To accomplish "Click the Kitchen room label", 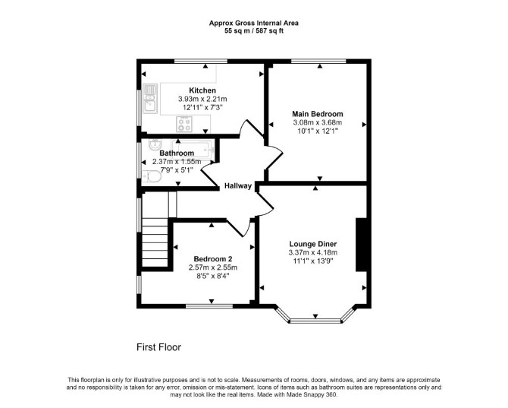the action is click(202, 90).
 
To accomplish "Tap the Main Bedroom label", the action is click(318, 114).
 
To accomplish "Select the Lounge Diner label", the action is click(313, 244).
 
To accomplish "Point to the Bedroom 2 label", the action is click(213, 258).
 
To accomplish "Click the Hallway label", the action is click(238, 186).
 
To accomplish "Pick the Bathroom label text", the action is click(177, 153).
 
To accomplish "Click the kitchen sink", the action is click(150, 98).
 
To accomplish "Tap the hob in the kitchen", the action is click(184, 125).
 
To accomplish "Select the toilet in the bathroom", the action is click(152, 176).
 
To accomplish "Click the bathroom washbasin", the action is click(155, 145).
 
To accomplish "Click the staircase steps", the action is click(155, 242).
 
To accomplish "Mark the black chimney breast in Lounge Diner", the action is click(361, 245).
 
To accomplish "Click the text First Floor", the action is click(158, 347).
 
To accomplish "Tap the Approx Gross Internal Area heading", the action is click(254, 23).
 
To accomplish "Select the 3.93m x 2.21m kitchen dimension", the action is click(202, 99).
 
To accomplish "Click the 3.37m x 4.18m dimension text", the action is click(313, 252).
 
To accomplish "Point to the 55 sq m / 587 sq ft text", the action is click(254, 31).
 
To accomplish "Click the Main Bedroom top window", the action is click(318, 61).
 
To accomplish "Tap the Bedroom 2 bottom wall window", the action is click(209, 305).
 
